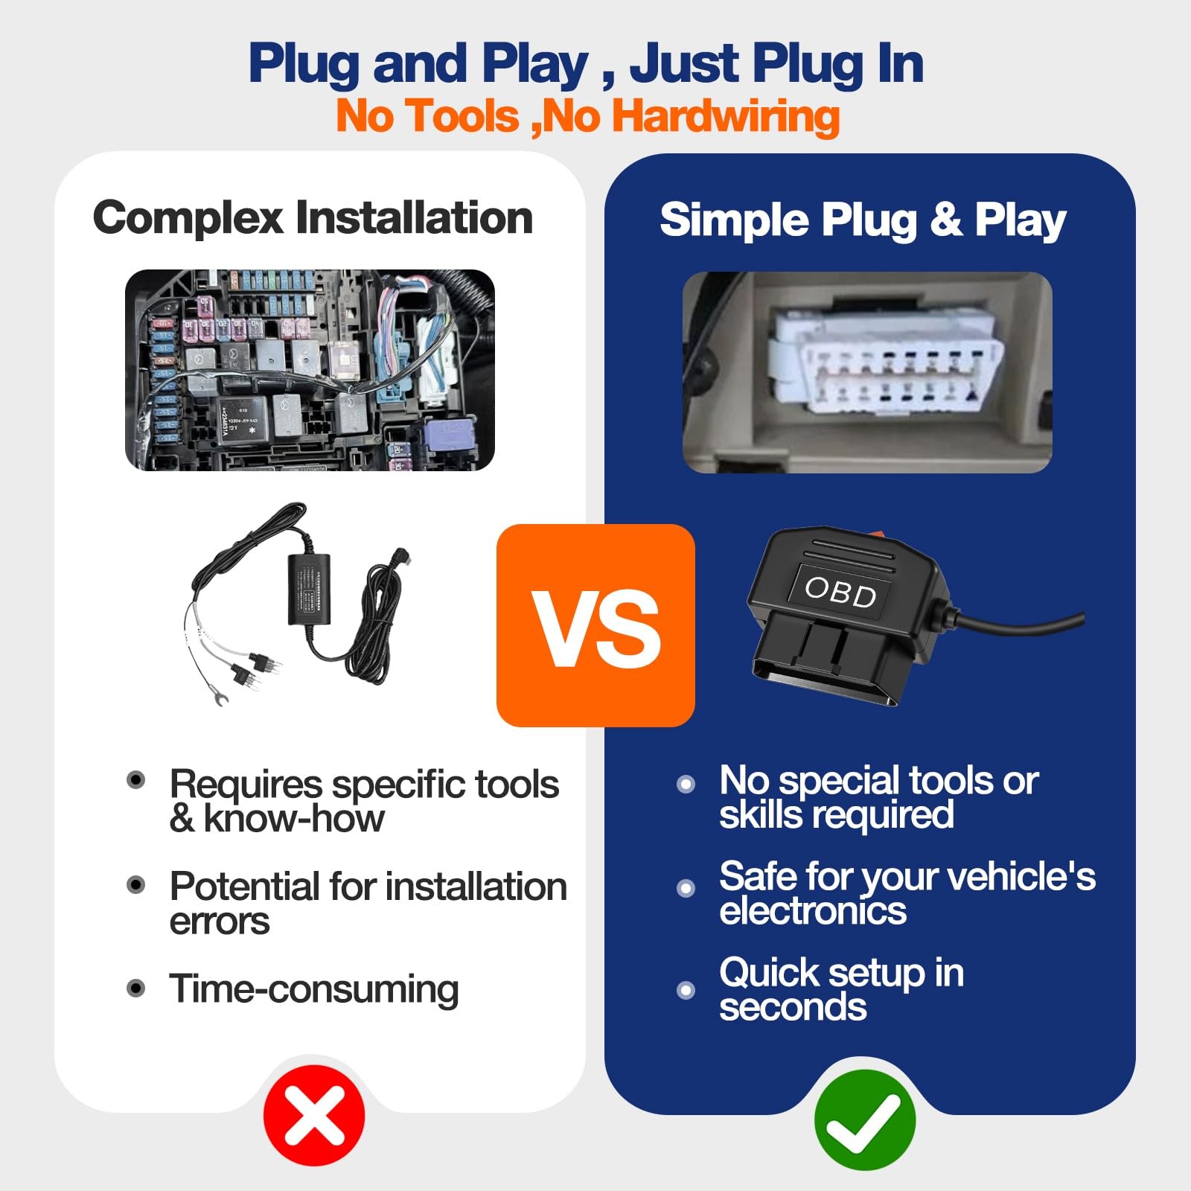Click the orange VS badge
pyautogui.click(x=595, y=625)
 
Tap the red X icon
pyautogui.click(x=314, y=1115)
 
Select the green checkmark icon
pyautogui.click(x=865, y=1120)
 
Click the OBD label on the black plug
pyautogui.click(x=841, y=593)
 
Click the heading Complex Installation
pyautogui.click(x=313, y=217)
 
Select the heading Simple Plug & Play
pyautogui.click(x=863, y=220)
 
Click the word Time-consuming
pyautogui.click(x=313, y=989)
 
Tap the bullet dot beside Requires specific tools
pyautogui.click(x=136, y=780)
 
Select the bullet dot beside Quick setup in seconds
pyautogui.click(x=686, y=990)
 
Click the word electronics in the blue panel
pyautogui.click(x=813, y=910)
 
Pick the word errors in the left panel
pyautogui.click(x=220, y=922)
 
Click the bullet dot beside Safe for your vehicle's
pyautogui.click(x=686, y=888)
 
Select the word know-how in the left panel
pyautogui.click(x=294, y=819)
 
